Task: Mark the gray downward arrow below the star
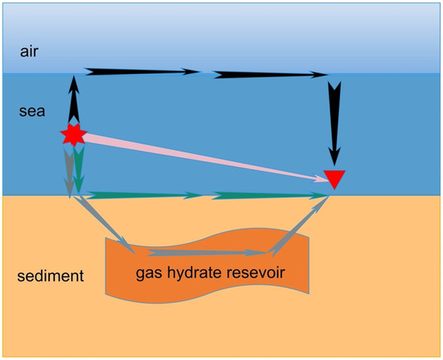click(69, 171)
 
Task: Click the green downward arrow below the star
click(79, 171)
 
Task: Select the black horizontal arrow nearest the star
click(141, 72)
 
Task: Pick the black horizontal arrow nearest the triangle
click(270, 75)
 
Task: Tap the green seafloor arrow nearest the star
click(141, 194)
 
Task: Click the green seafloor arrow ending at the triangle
click(270, 195)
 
